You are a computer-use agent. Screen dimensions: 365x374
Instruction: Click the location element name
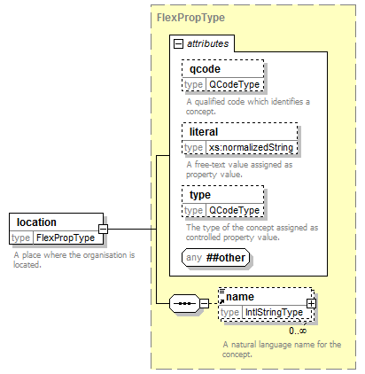(x=36, y=222)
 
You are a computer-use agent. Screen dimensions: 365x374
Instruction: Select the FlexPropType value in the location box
(x=66, y=238)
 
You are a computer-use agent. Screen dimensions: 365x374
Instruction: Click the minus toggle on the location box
(x=103, y=229)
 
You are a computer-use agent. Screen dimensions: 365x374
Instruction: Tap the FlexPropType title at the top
(x=190, y=18)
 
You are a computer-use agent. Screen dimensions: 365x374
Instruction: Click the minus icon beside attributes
(x=178, y=44)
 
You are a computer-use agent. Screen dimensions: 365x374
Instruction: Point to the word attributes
(x=208, y=43)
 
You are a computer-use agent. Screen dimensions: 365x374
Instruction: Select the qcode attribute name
(x=205, y=69)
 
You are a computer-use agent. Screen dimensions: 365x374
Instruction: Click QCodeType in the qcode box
(x=234, y=84)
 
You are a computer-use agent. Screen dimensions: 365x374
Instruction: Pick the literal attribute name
(x=204, y=132)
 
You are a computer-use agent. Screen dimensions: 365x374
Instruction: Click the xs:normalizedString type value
(x=251, y=147)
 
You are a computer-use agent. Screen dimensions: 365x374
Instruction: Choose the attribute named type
(x=200, y=195)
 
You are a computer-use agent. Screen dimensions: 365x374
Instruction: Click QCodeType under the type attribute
(x=234, y=210)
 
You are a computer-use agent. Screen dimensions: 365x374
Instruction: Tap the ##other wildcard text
(x=226, y=258)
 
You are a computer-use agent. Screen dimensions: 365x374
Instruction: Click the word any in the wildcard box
(x=194, y=257)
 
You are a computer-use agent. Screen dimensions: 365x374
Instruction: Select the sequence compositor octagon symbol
(x=185, y=303)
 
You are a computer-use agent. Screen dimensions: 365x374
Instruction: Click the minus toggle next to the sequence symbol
(x=205, y=303)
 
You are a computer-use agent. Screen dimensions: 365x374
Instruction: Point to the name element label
(x=240, y=297)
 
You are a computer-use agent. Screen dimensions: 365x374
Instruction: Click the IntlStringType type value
(x=274, y=312)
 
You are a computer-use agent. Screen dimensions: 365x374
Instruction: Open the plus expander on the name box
(x=311, y=303)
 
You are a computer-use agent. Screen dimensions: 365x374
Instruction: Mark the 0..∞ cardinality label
(x=298, y=331)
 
